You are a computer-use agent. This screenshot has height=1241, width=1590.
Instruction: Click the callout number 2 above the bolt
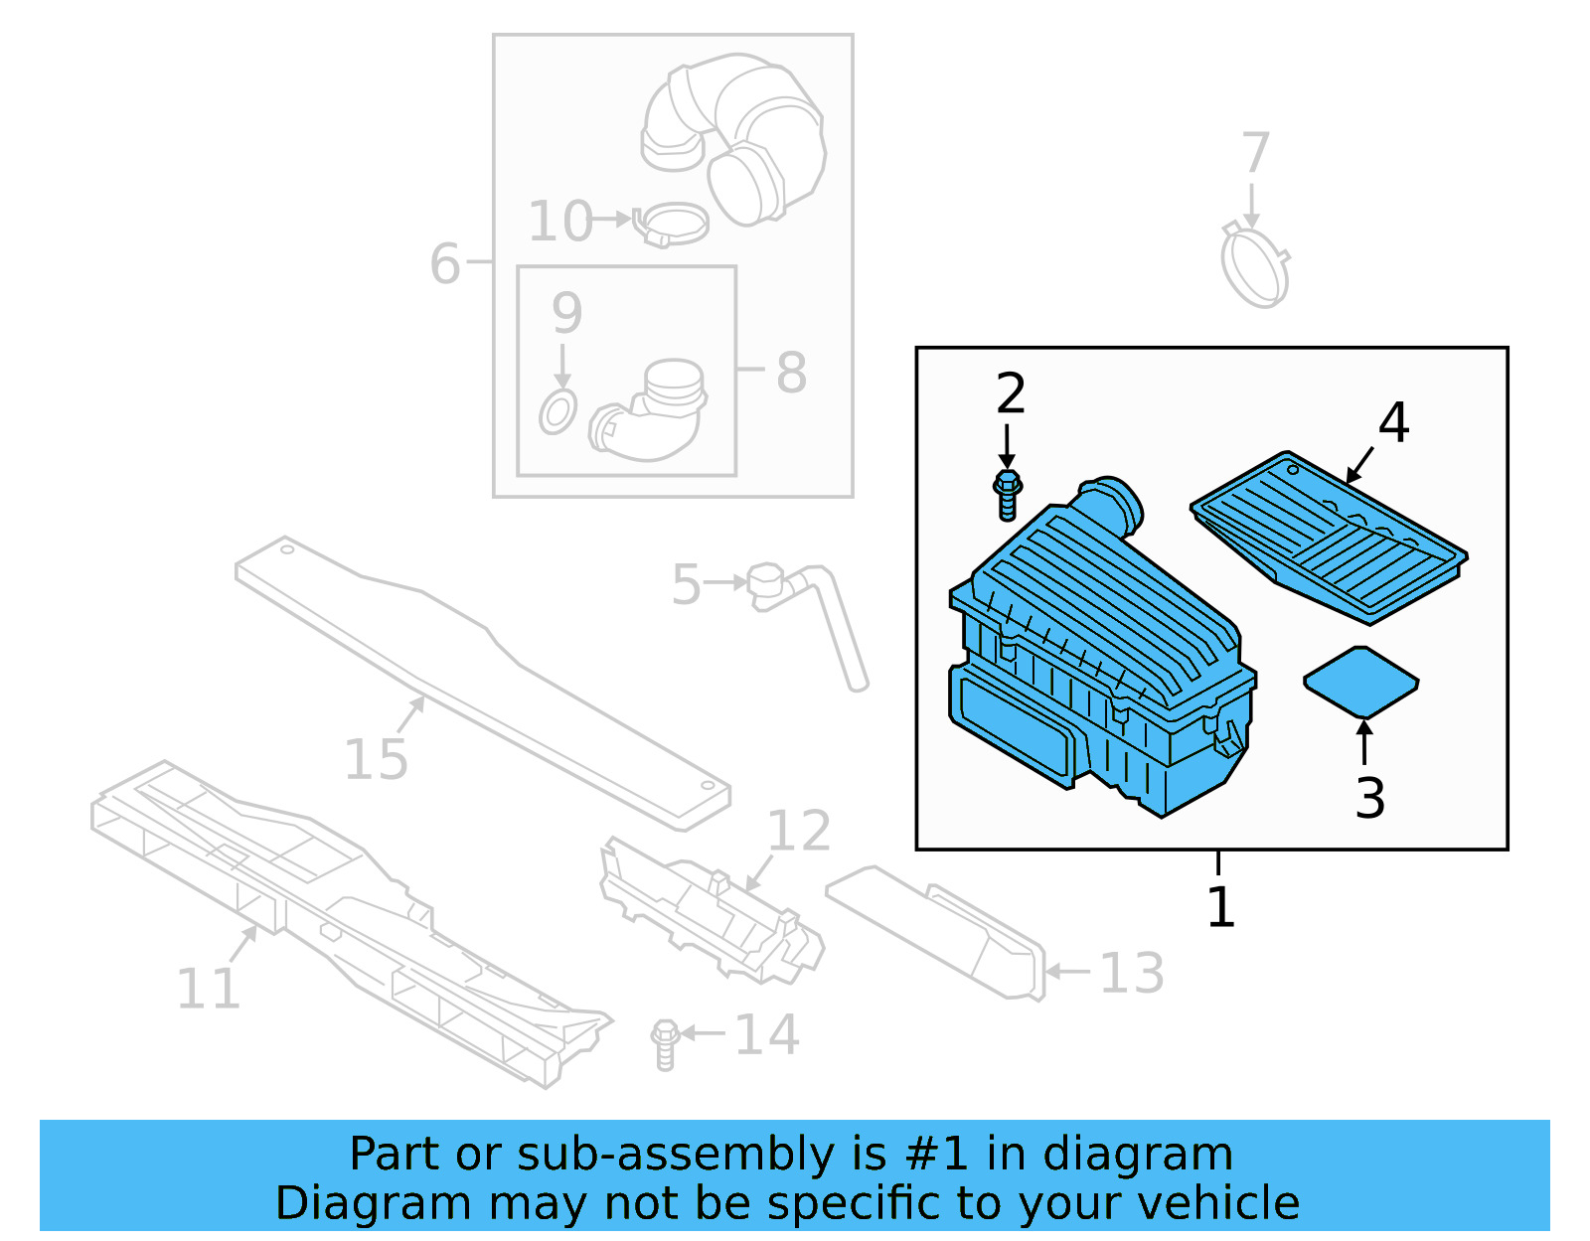click(x=1010, y=394)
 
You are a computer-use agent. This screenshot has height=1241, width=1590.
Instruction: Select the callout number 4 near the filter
click(x=1393, y=423)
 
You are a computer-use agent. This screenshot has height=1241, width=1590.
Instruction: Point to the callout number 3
click(x=1369, y=798)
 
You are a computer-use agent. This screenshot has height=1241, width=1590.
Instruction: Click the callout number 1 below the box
click(x=1220, y=907)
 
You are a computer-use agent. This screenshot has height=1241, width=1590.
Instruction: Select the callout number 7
click(x=1256, y=153)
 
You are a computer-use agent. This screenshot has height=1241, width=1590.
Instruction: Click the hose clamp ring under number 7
click(x=1255, y=266)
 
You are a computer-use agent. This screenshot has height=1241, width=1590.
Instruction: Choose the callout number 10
click(x=560, y=222)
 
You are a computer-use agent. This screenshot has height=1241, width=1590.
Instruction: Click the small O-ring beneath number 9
click(x=557, y=411)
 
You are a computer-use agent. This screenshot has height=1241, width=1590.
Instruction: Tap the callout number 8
click(x=791, y=373)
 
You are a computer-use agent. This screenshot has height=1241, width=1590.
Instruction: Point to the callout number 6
click(x=445, y=264)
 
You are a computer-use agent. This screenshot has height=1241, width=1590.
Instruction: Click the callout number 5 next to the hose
click(x=686, y=584)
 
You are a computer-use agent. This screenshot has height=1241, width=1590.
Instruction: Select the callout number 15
click(x=376, y=760)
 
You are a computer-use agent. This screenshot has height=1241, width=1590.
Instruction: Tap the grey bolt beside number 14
click(x=665, y=1042)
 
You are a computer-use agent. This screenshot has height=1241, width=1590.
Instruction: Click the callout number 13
click(x=1131, y=974)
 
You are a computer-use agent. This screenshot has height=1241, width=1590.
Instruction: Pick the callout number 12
click(x=799, y=831)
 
